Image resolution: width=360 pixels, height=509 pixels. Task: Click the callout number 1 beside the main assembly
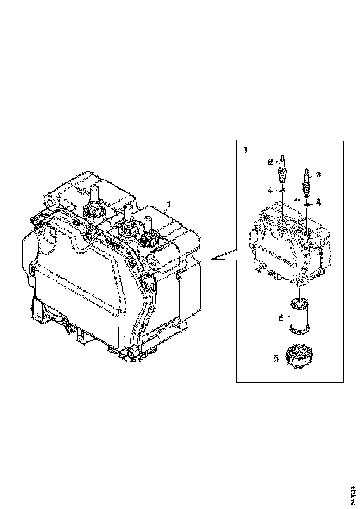click(169, 204)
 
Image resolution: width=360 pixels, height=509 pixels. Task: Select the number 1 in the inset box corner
click(245, 150)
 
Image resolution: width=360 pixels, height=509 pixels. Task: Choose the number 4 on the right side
click(318, 202)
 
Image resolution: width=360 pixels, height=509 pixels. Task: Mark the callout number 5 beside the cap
click(276, 358)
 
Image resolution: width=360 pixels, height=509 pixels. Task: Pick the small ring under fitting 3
click(306, 202)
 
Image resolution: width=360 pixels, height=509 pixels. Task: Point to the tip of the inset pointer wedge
click(211, 259)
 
